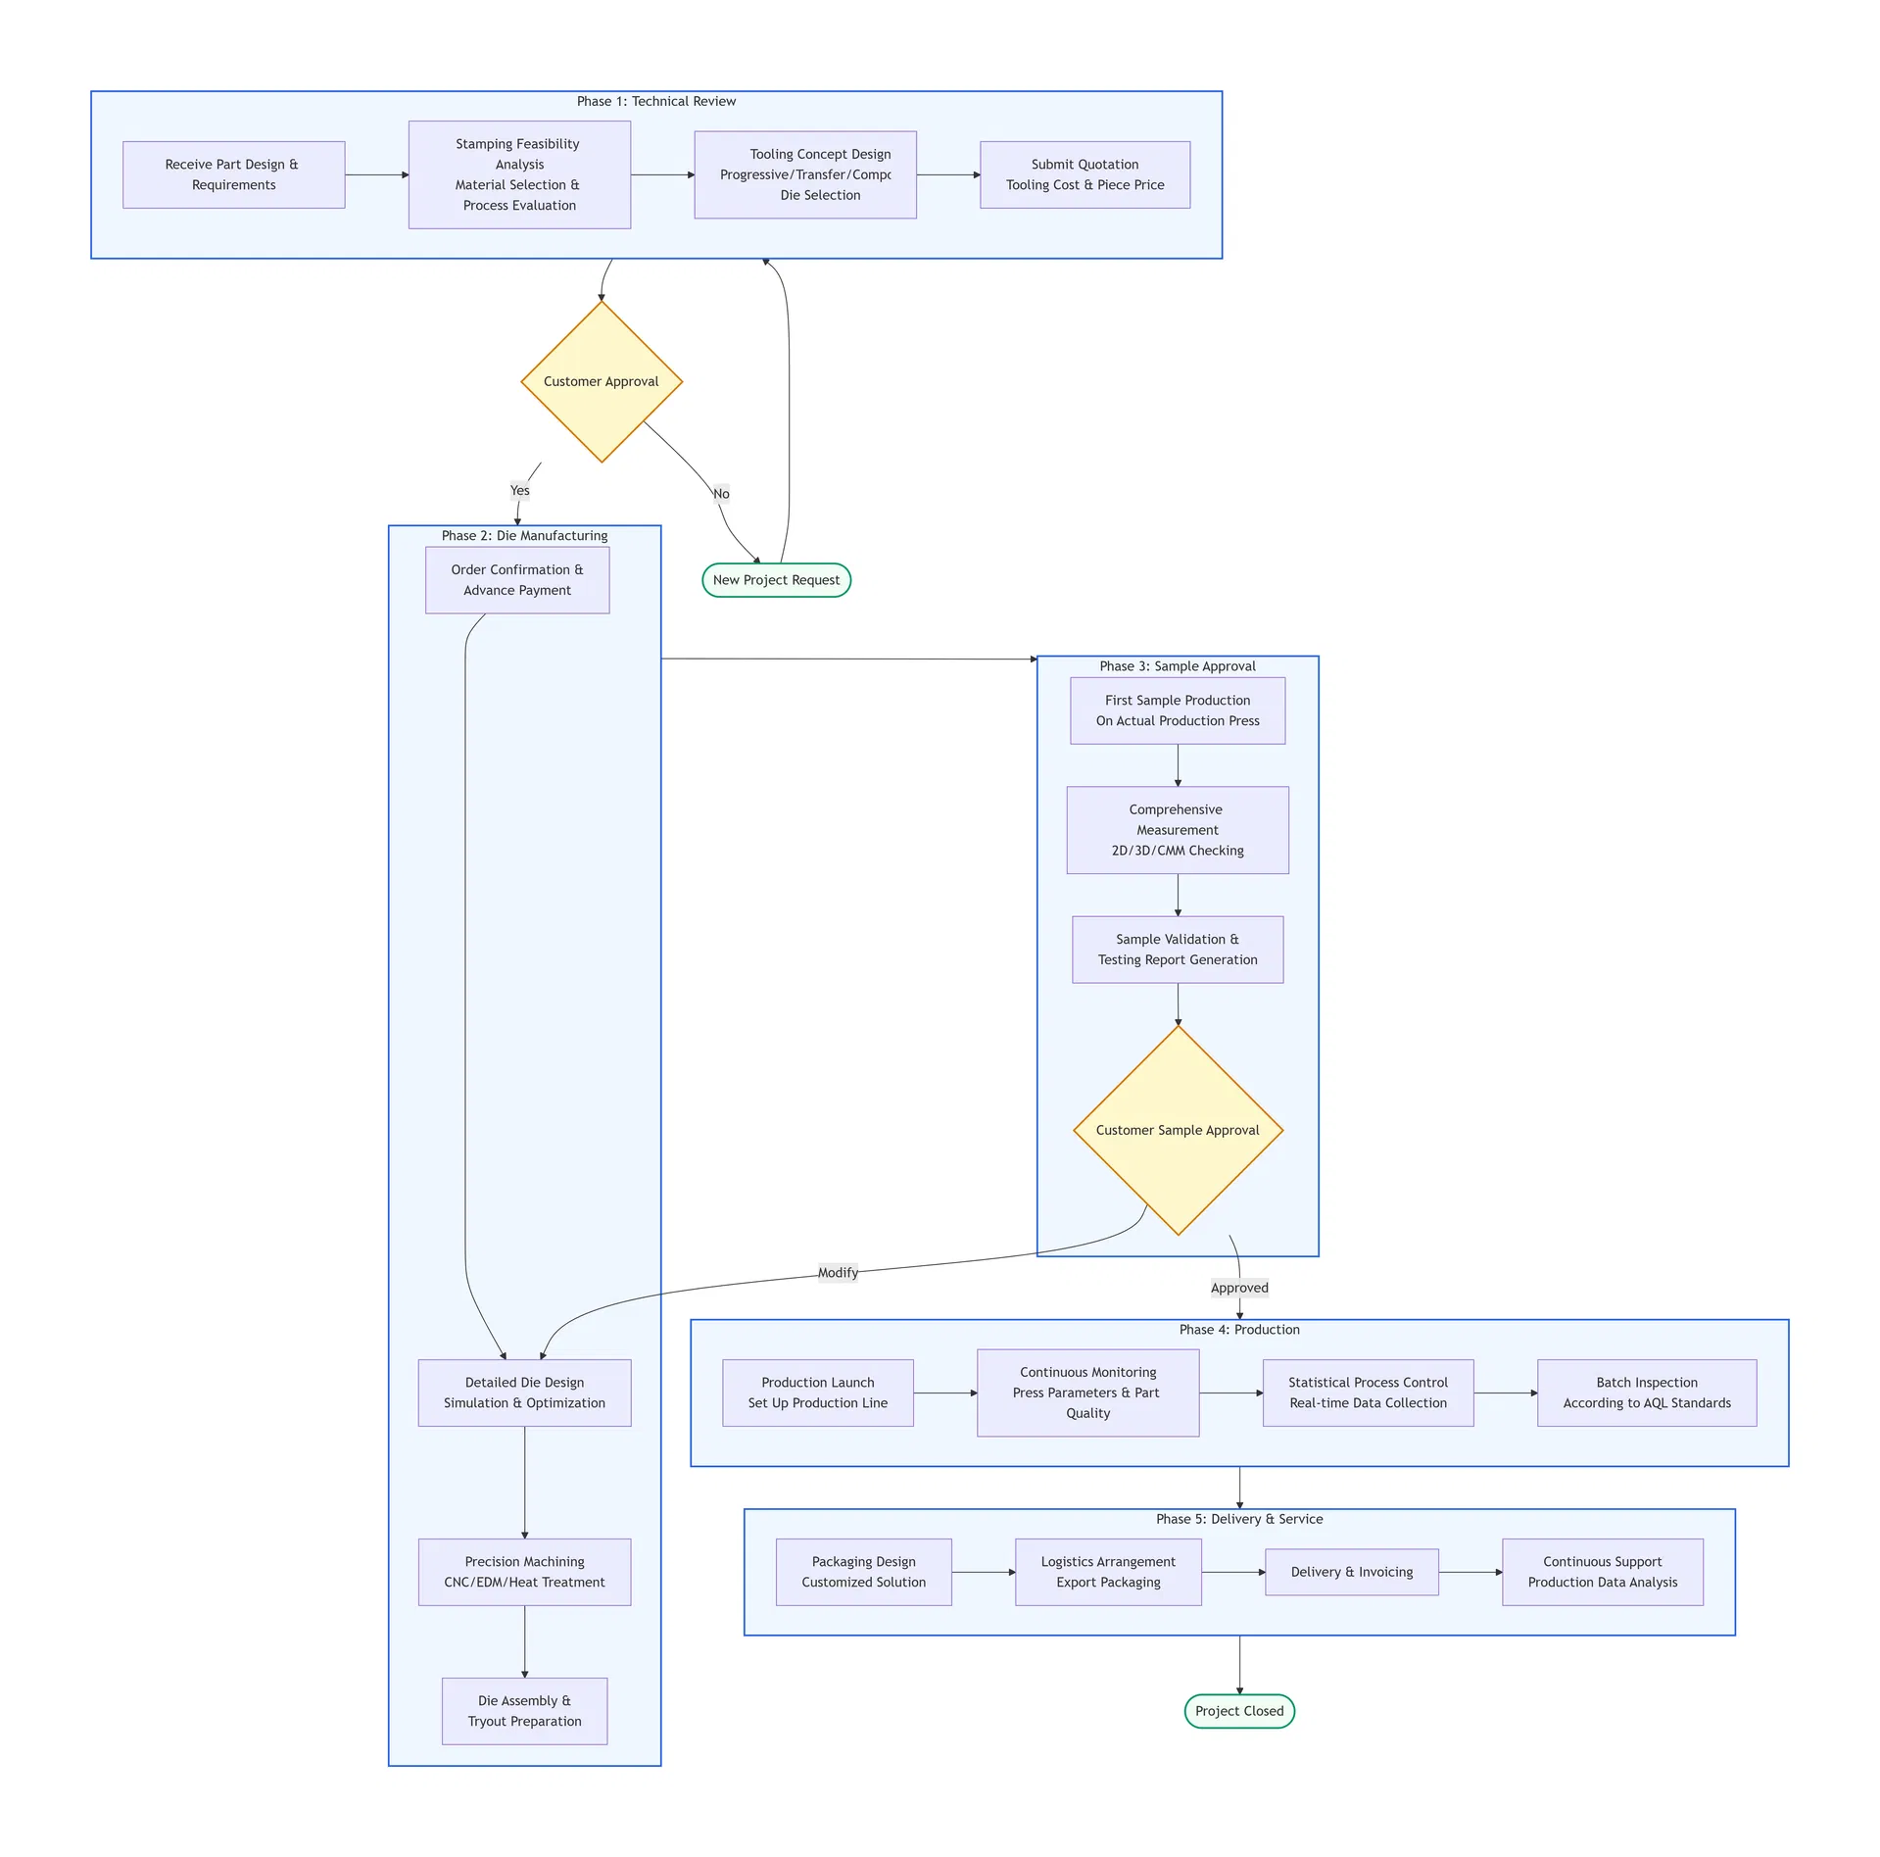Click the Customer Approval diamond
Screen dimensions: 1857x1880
click(x=601, y=381)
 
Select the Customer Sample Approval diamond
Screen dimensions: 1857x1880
click(x=1177, y=1130)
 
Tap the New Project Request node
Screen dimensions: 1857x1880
click(x=776, y=580)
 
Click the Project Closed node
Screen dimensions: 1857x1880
click(x=1238, y=1711)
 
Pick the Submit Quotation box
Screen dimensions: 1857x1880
click(x=1085, y=174)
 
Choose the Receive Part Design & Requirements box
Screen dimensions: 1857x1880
click(x=233, y=174)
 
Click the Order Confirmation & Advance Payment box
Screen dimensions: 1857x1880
click(x=516, y=580)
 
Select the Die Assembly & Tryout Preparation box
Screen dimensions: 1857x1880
click(x=524, y=1711)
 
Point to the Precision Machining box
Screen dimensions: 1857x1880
click(x=524, y=1572)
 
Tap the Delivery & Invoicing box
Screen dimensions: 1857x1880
click(x=1351, y=1572)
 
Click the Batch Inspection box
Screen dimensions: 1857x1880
click(x=1646, y=1393)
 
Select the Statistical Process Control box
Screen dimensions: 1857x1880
click(x=1368, y=1393)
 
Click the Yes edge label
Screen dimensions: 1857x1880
click(x=519, y=490)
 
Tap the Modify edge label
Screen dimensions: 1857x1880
click(x=838, y=1273)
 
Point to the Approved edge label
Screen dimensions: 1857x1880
click(x=1238, y=1288)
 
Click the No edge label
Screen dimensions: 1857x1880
click(x=721, y=494)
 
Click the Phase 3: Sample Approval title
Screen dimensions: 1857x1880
click(x=1177, y=666)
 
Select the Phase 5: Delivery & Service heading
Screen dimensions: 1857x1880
click(x=1238, y=1519)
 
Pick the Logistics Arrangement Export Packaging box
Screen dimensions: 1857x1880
click(x=1107, y=1572)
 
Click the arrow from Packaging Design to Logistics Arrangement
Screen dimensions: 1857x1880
click(x=983, y=1572)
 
